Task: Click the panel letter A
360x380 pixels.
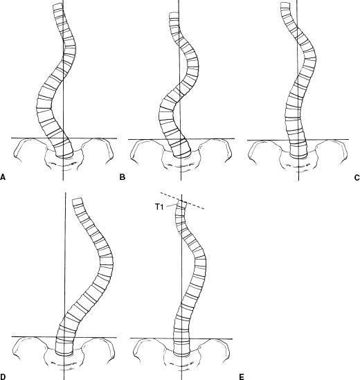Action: pyautogui.click(x=3, y=177)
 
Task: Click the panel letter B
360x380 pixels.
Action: pyautogui.click(x=123, y=177)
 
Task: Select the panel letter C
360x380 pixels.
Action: pyautogui.click(x=357, y=178)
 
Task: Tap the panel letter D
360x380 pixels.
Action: pyautogui.click(x=3, y=377)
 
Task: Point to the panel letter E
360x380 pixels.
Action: pyautogui.click(x=242, y=377)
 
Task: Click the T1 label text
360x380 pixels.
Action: pyautogui.click(x=159, y=207)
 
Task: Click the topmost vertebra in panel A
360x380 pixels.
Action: pyautogui.click(x=57, y=7)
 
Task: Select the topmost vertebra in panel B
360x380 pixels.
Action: pyautogui.click(x=174, y=15)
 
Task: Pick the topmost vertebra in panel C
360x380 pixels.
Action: pyautogui.click(x=285, y=6)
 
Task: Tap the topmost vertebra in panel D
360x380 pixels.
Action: pyautogui.click(x=78, y=202)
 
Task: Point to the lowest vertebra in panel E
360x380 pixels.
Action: pyautogui.click(x=182, y=349)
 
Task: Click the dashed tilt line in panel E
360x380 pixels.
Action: pyautogui.click(x=182, y=201)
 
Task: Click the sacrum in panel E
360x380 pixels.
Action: pyautogui.click(x=182, y=361)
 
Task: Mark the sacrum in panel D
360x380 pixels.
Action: pyautogui.click(x=64, y=361)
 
